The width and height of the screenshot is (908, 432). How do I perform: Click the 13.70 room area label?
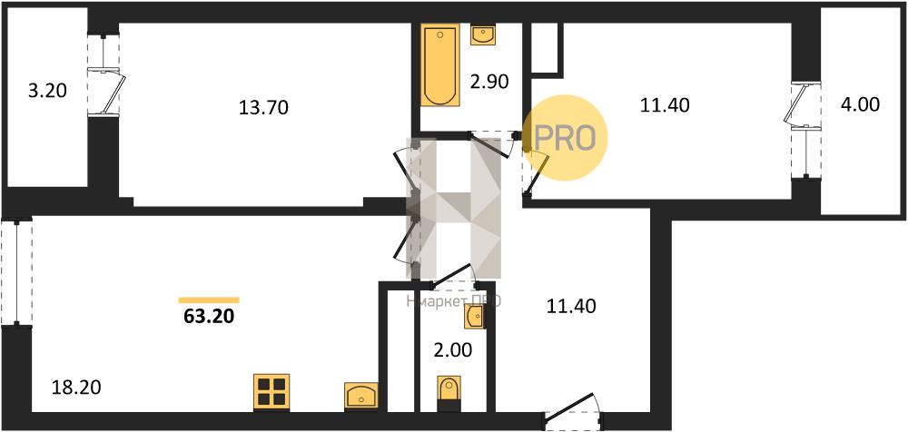point(262,108)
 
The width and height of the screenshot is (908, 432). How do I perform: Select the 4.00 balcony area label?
point(861,104)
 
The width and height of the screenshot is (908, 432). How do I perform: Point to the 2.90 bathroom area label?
point(489,81)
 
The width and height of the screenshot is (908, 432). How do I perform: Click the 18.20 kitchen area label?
point(76,388)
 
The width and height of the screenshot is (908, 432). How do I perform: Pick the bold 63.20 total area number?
point(210,318)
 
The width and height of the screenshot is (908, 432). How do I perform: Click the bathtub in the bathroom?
point(440,67)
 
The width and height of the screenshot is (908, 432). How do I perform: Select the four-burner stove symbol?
point(271,391)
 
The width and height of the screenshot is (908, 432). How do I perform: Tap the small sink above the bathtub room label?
point(484,35)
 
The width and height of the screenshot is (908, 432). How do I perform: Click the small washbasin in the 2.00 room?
point(474,317)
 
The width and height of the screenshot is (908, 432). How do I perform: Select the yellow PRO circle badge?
point(566,137)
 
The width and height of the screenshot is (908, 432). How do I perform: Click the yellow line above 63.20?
point(209,299)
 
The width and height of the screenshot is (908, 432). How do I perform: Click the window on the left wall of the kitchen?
point(15,271)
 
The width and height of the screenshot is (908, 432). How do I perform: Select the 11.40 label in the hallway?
point(570,306)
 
